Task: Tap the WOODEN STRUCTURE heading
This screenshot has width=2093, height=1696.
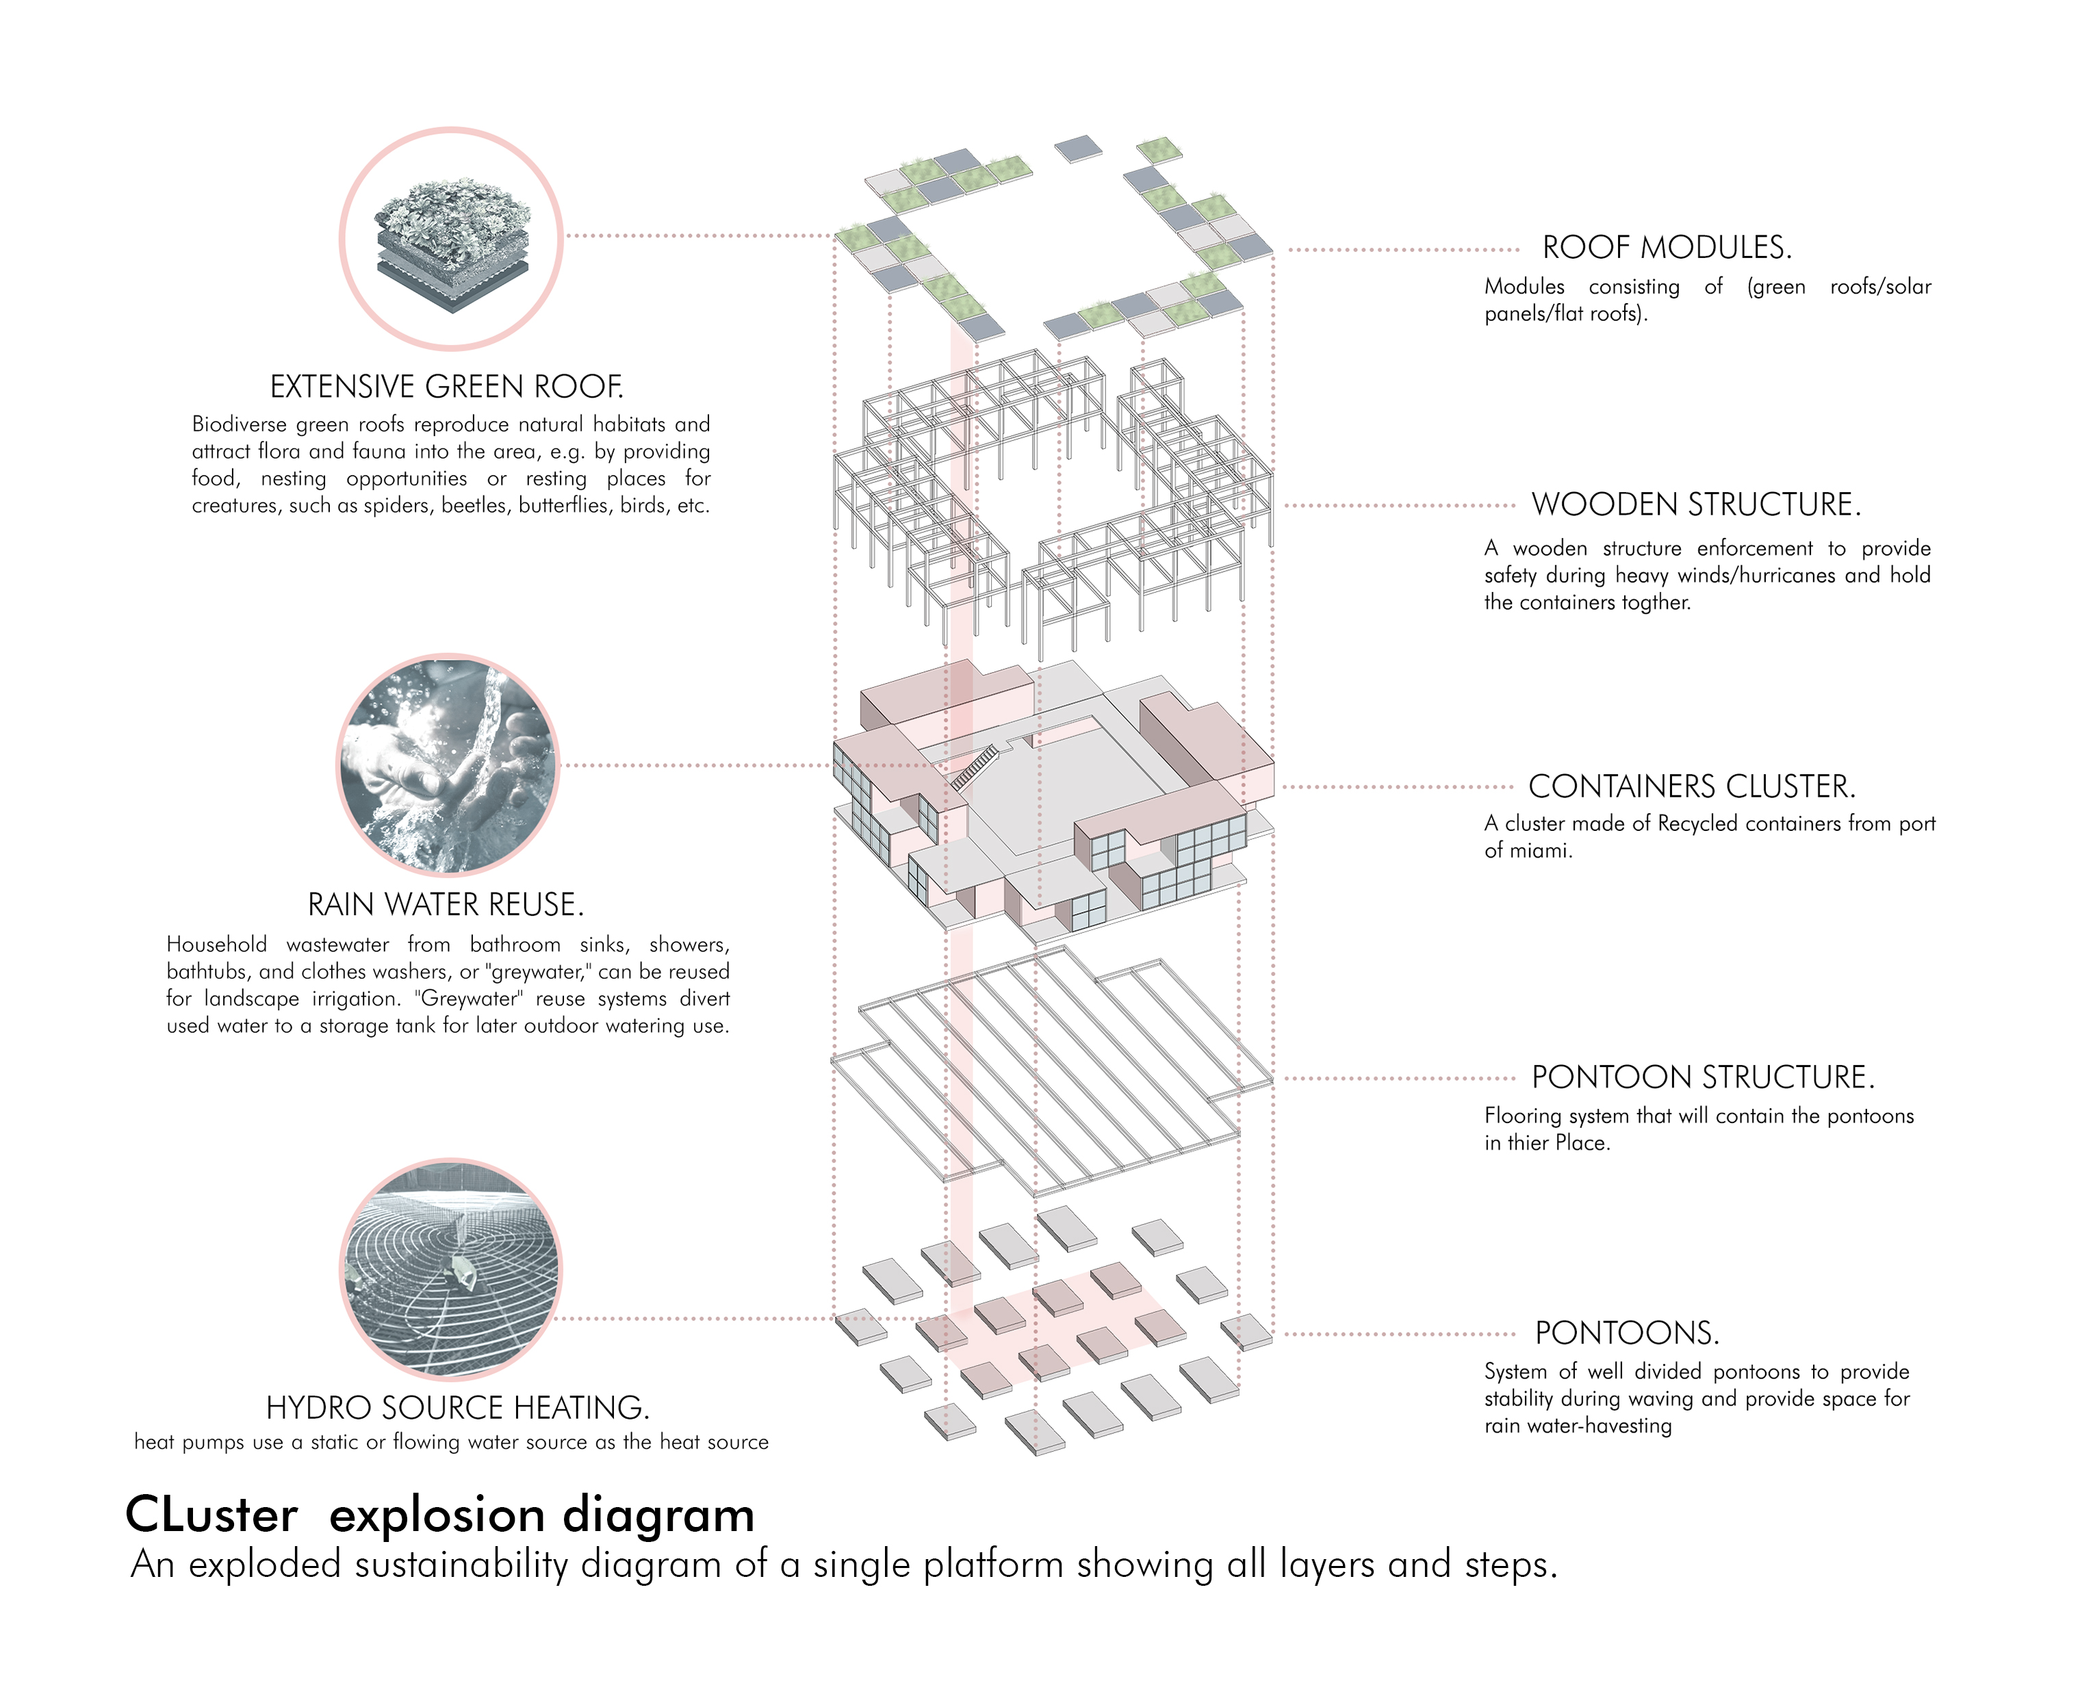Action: pyautogui.click(x=1695, y=504)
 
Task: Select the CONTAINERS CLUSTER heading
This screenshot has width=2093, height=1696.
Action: pyautogui.click(x=1691, y=786)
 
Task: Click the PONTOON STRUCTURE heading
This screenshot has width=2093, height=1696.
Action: pyautogui.click(x=1702, y=1077)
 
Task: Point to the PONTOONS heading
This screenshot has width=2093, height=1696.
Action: pyautogui.click(x=1626, y=1333)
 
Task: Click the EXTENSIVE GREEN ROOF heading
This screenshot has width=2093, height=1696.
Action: pyautogui.click(x=446, y=387)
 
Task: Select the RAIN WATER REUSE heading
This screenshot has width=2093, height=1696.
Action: pyautogui.click(x=446, y=905)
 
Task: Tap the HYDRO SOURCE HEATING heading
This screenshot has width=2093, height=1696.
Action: pyautogui.click(x=457, y=1408)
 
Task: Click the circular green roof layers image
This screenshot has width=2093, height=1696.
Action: pyautogui.click(x=452, y=240)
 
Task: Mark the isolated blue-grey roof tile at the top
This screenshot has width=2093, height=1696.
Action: pyautogui.click(x=1078, y=149)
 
